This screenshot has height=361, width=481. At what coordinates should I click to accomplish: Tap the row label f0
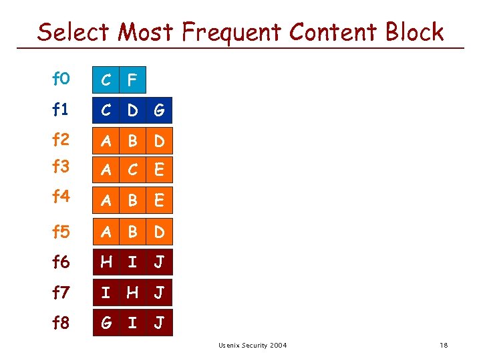click(x=61, y=80)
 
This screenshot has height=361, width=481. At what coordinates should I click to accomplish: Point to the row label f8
click(x=61, y=323)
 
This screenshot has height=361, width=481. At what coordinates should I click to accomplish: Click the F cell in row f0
click(x=132, y=80)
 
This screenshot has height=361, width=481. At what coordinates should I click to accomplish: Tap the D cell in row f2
click(x=159, y=141)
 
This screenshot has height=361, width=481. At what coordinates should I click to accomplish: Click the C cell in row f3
click(x=132, y=170)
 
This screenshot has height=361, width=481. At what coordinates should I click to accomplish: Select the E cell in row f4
click(x=159, y=199)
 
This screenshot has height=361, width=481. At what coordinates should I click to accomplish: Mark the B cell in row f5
click(x=132, y=232)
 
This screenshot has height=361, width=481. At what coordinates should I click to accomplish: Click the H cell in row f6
click(x=106, y=262)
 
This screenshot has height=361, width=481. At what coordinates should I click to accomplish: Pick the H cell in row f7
click(x=132, y=293)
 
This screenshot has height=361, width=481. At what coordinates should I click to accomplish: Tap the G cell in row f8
click(x=106, y=323)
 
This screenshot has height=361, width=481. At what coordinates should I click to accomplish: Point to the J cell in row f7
click(x=159, y=293)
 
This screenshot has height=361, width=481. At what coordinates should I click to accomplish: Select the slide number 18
click(x=444, y=345)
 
